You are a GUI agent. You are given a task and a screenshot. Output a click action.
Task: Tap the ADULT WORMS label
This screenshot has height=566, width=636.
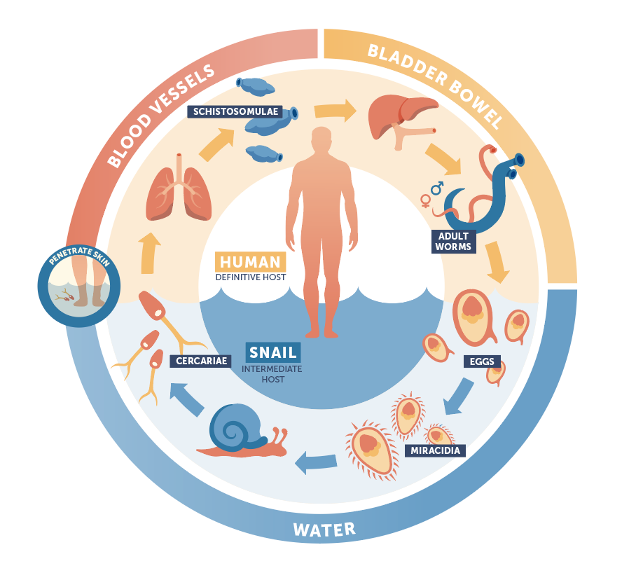[x=454, y=241]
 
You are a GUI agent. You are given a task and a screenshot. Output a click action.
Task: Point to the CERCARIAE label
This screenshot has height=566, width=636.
[x=200, y=361]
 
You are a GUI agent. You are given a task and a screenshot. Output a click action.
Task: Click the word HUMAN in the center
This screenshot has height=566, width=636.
[x=250, y=262]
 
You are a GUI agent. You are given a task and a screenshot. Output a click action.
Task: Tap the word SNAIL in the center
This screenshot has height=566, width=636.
[x=272, y=352]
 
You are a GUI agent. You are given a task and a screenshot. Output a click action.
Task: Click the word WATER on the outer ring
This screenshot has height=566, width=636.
[x=324, y=529]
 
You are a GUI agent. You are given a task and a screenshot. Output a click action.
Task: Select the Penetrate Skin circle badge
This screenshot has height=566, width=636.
[x=78, y=279]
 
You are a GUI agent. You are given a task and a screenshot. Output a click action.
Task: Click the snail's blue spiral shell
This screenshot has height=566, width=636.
[x=233, y=427]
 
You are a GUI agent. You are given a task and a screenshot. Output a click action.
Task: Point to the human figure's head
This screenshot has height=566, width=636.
[x=322, y=140]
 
